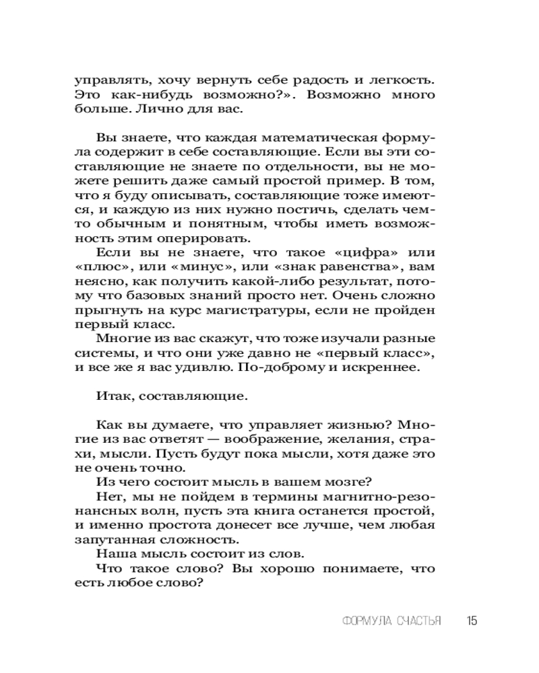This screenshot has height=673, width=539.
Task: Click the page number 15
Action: point(471,621)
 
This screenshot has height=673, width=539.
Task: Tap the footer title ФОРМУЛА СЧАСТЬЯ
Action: point(391,621)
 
